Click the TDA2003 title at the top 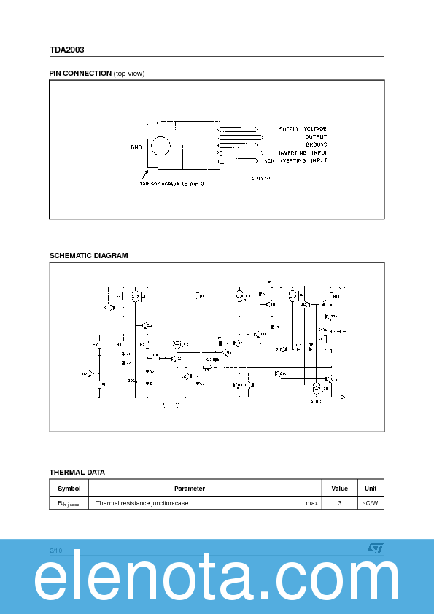tap(67, 50)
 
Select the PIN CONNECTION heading tap(80, 74)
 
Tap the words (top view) tap(129, 74)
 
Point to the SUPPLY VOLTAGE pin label tap(303, 129)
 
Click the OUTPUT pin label tap(316, 136)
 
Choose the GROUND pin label tap(316, 144)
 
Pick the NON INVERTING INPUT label tap(295, 160)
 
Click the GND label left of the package tap(136, 147)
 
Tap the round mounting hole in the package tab tap(161, 144)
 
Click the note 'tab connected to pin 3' tap(172, 184)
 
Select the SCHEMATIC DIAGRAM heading tap(88, 256)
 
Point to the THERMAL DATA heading tap(77, 473)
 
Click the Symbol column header tap(69, 489)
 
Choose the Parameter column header tap(190, 489)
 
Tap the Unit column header tap(371, 489)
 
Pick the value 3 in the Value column tap(339, 503)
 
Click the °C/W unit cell tap(371, 503)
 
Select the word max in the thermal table tap(311, 503)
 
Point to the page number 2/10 tap(56, 550)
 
